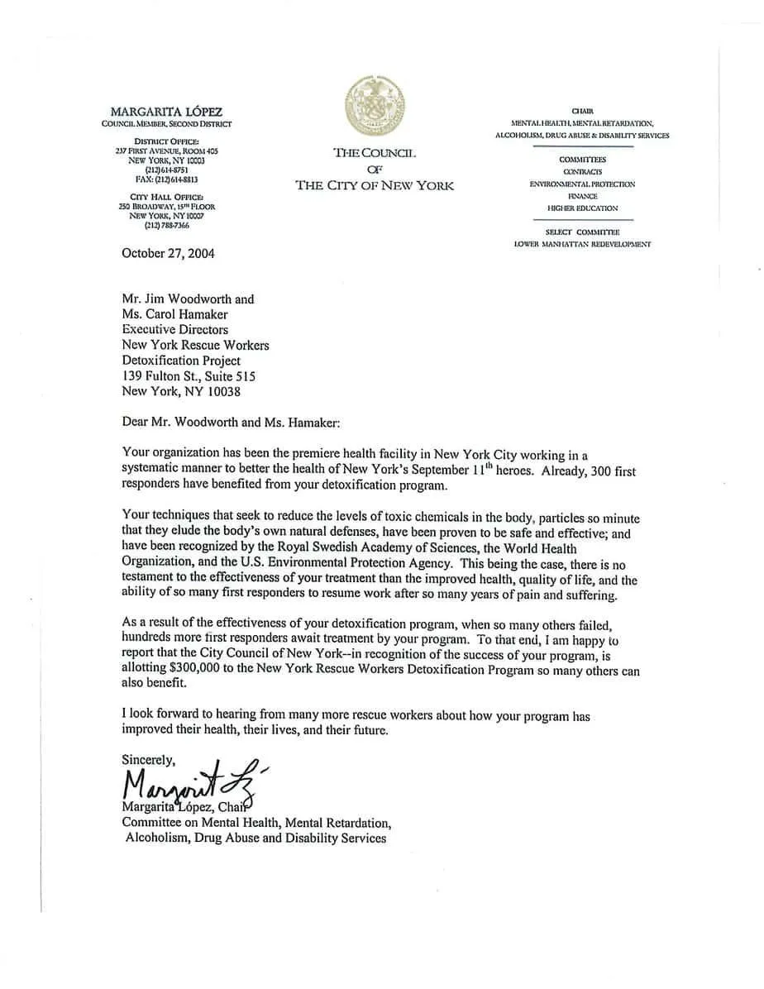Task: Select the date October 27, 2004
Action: point(168,253)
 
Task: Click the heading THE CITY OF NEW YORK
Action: point(375,185)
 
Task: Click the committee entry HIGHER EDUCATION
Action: point(582,208)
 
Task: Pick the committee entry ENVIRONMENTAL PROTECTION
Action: point(582,184)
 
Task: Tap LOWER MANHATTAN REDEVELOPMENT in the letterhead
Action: point(582,245)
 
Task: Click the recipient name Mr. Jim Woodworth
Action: point(188,299)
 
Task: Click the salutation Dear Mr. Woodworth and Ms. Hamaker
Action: point(231,422)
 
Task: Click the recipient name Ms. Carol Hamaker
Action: point(174,314)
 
